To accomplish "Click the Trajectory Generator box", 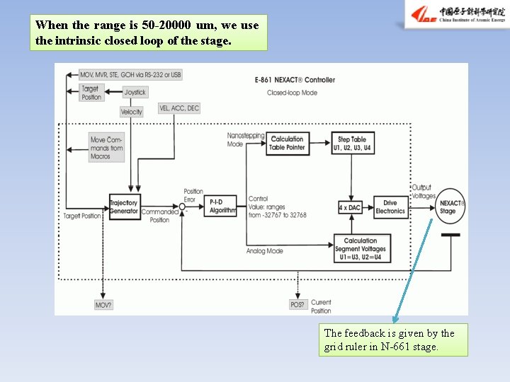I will (124, 207).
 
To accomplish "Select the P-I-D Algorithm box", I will (221, 207).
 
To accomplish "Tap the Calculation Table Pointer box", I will (287, 143).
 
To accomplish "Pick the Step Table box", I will (353, 144).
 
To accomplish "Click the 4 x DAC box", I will (351, 207).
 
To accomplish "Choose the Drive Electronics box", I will (390, 207).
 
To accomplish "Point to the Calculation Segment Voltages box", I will (361, 249).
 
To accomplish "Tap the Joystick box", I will (135, 93).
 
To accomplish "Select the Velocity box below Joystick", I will (132, 112).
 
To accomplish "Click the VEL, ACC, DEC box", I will (180, 108).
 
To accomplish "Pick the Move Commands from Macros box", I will (107, 148).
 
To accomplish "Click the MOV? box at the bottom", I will (103, 305).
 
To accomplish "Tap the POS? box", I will (297, 305).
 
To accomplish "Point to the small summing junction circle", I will (182, 207).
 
